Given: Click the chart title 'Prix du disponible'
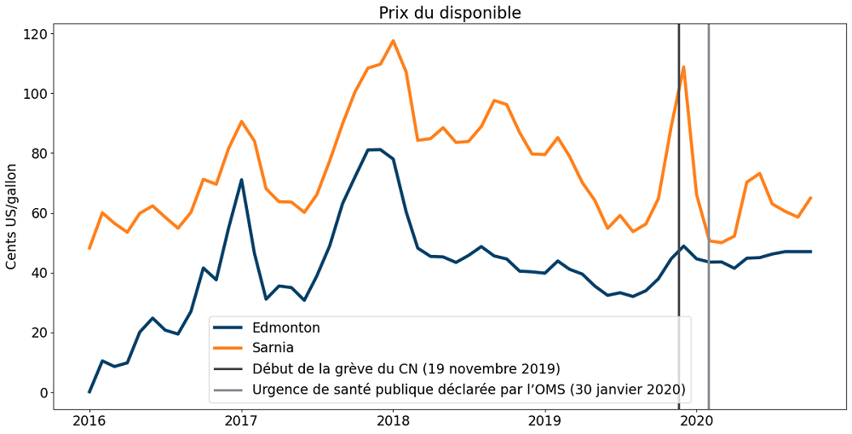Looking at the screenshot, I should coord(450,13).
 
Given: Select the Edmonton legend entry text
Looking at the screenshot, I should coord(286,327).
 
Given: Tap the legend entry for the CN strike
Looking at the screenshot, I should coord(406,369).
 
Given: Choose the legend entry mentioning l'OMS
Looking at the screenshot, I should coord(469,391).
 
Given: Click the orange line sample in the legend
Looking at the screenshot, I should coord(229,348).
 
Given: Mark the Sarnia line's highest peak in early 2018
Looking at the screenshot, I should coord(393,40).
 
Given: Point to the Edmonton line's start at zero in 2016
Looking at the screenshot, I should coord(89,392).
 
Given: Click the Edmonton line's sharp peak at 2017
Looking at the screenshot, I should coord(241,180).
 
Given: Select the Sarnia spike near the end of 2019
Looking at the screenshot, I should coord(683,67).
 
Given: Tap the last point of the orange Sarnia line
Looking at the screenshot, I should coord(810,197).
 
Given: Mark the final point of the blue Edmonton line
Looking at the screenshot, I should coord(810,252).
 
